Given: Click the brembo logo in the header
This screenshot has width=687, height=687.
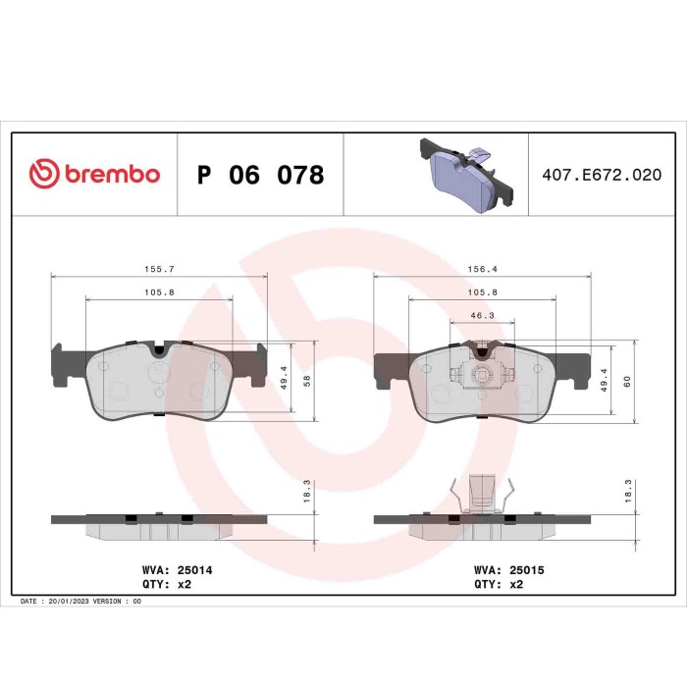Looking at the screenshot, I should click(95, 175).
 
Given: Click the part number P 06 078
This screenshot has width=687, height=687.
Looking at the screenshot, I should click(260, 176).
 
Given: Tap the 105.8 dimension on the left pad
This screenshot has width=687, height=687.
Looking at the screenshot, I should click(158, 291).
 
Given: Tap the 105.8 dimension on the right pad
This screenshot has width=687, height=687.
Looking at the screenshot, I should click(481, 291).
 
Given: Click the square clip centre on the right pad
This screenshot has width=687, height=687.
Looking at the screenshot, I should click(482, 373).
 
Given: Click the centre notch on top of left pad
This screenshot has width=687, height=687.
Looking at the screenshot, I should click(158, 349).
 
